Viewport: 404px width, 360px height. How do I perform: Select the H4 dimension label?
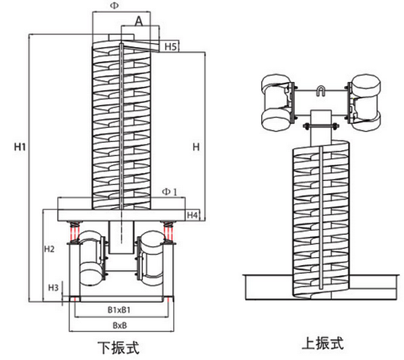193,215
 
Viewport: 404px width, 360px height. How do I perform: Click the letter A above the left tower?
138,21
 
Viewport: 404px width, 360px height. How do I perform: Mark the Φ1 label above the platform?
170,192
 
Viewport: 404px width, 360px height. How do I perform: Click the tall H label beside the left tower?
195,146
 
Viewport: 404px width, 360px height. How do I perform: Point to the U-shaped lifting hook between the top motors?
321,92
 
